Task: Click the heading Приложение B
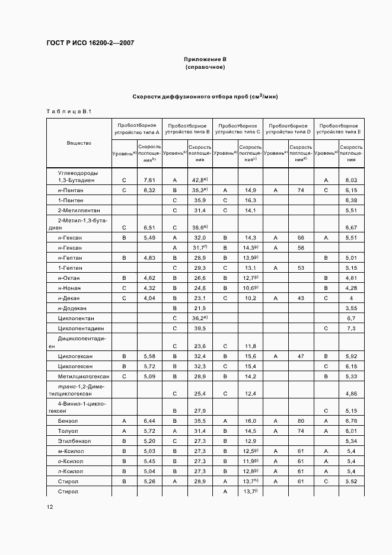click(205, 60)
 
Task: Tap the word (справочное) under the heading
click(205, 68)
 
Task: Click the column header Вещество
click(79, 143)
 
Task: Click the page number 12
click(49, 506)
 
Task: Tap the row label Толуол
click(69, 430)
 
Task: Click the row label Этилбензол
click(74, 441)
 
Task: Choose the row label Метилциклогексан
click(84, 376)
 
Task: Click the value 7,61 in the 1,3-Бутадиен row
click(149, 180)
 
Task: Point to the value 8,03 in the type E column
click(351, 180)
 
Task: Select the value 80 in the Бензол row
click(301, 420)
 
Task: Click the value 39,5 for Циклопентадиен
click(200, 328)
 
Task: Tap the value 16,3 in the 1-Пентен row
click(250, 200)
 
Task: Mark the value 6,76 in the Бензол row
click(351, 420)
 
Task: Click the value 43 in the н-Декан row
click(301, 298)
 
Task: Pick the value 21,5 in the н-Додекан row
click(200, 308)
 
